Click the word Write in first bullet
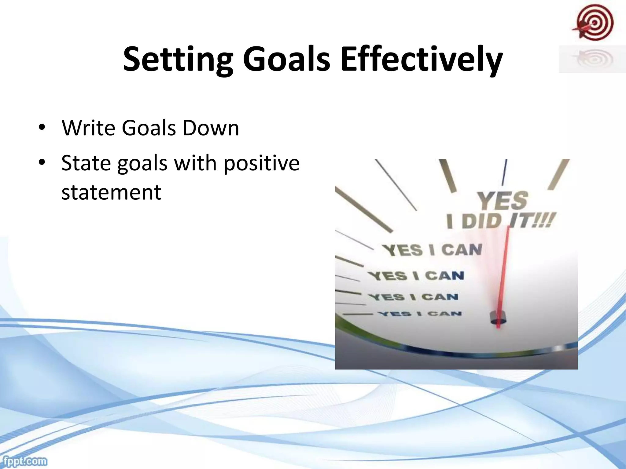(88, 128)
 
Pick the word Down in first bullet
(211, 128)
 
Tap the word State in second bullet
(86, 163)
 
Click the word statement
(111, 192)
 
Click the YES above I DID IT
(503, 201)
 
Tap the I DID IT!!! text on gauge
(500, 221)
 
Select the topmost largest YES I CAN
(432, 250)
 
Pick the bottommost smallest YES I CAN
(420, 314)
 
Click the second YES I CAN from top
(416, 276)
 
